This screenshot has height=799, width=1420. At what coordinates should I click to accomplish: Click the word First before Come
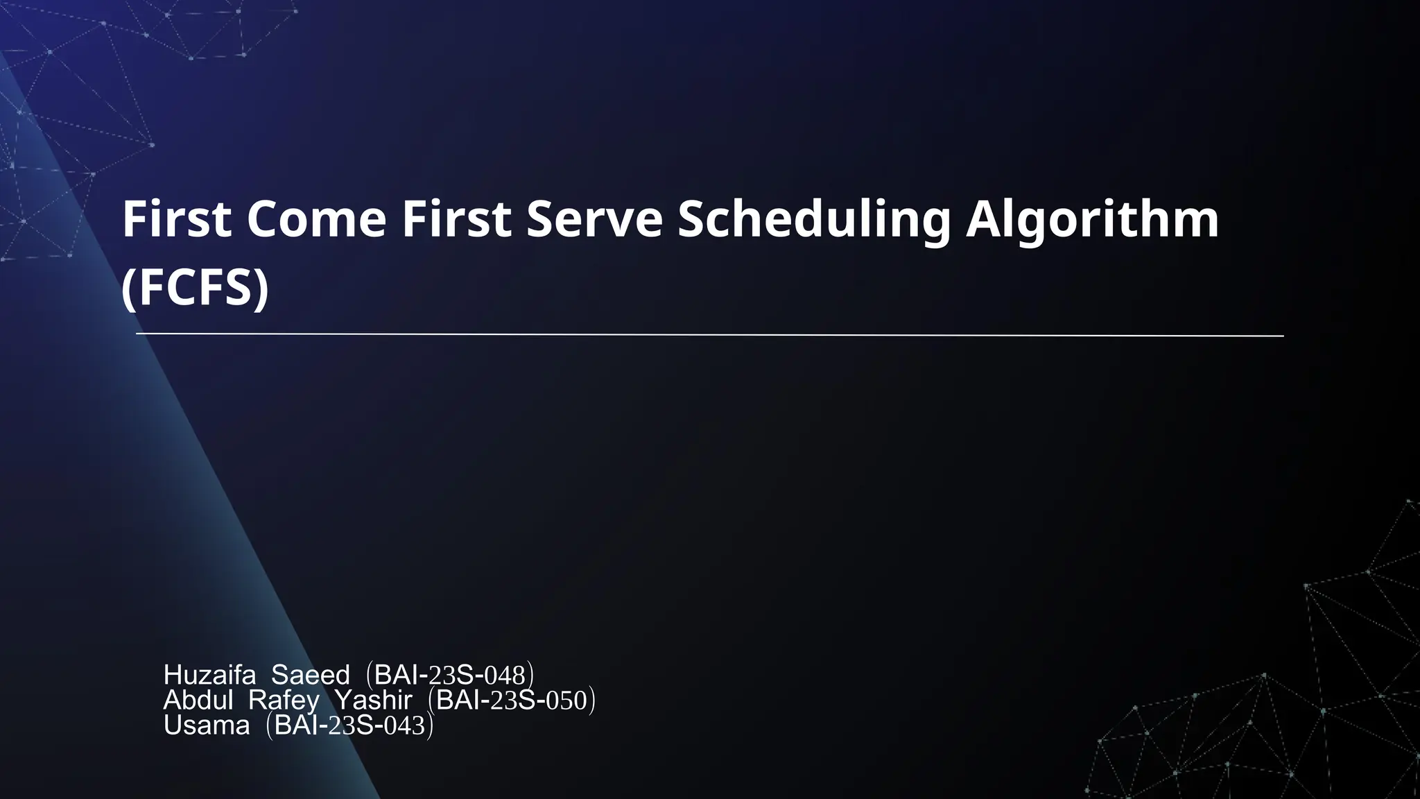coord(176,219)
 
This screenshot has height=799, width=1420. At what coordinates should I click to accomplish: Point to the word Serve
coord(594,219)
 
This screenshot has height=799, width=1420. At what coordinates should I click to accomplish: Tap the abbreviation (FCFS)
coord(195,288)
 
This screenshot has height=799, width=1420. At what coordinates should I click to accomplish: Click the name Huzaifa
coord(209,675)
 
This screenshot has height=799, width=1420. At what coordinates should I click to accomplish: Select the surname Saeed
coord(310,675)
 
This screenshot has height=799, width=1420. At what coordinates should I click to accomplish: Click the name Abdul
coord(198,701)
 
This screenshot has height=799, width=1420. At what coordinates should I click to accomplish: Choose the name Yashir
coord(374,701)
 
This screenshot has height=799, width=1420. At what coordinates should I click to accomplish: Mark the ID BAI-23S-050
coord(512,701)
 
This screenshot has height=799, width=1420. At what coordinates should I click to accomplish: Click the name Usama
coord(207,725)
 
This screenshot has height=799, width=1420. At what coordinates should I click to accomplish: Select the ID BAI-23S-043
coord(349,725)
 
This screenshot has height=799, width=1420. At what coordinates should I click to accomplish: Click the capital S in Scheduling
coord(691,219)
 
